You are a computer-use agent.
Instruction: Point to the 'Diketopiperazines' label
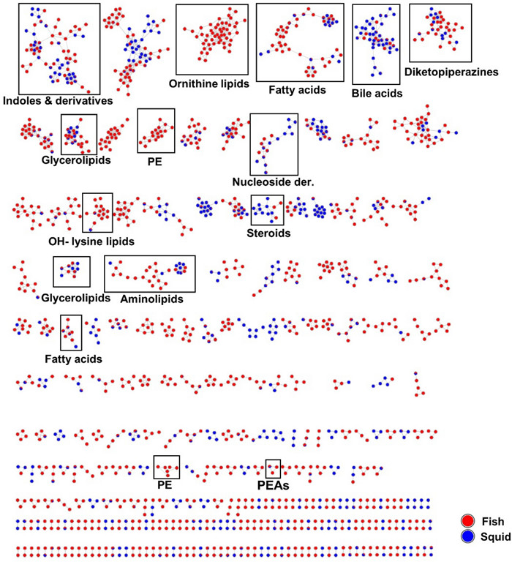pyautogui.click(x=451, y=72)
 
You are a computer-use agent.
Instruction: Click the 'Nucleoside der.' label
pyautogui.click(x=274, y=181)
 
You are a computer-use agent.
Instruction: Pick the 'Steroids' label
pyautogui.click(x=268, y=234)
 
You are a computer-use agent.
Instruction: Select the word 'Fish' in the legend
pyautogui.click(x=489, y=521)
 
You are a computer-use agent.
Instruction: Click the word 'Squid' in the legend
pyautogui.click(x=492, y=536)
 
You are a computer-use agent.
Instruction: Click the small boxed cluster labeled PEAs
pyautogui.click(x=273, y=468)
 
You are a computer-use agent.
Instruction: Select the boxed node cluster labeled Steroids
pyautogui.click(x=266, y=210)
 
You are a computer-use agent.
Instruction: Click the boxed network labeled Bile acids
pyautogui.click(x=375, y=44)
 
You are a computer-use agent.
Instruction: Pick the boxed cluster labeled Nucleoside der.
pyautogui.click(x=274, y=143)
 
